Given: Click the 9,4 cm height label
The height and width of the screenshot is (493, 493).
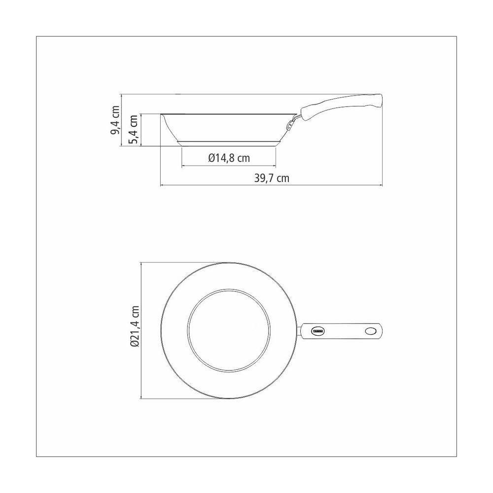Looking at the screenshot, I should (x=115, y=120).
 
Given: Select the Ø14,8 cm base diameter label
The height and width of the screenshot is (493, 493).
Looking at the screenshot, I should (x=229, y=158).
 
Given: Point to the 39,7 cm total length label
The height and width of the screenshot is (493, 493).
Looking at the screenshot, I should (x=272, y=178).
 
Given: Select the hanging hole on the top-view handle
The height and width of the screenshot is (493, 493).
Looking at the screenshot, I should (x=370, y=331).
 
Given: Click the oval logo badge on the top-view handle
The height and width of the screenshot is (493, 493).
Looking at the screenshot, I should (x=316, y=331).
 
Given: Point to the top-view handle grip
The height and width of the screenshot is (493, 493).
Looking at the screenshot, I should (x=343, y=331).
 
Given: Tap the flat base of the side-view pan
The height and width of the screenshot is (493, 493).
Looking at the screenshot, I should (x=229, y=144).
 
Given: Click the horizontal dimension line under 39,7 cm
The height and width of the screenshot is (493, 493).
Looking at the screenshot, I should (x=272, y=186).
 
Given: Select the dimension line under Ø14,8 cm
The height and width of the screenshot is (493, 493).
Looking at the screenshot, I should (x=229, y=166).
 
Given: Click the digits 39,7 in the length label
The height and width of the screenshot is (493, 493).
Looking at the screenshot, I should (x=264, y=178).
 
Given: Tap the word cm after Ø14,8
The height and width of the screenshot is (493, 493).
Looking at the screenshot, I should (x=242, y=158).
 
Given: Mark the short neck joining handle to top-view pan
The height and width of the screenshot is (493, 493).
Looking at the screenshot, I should (x=300, y=331).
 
